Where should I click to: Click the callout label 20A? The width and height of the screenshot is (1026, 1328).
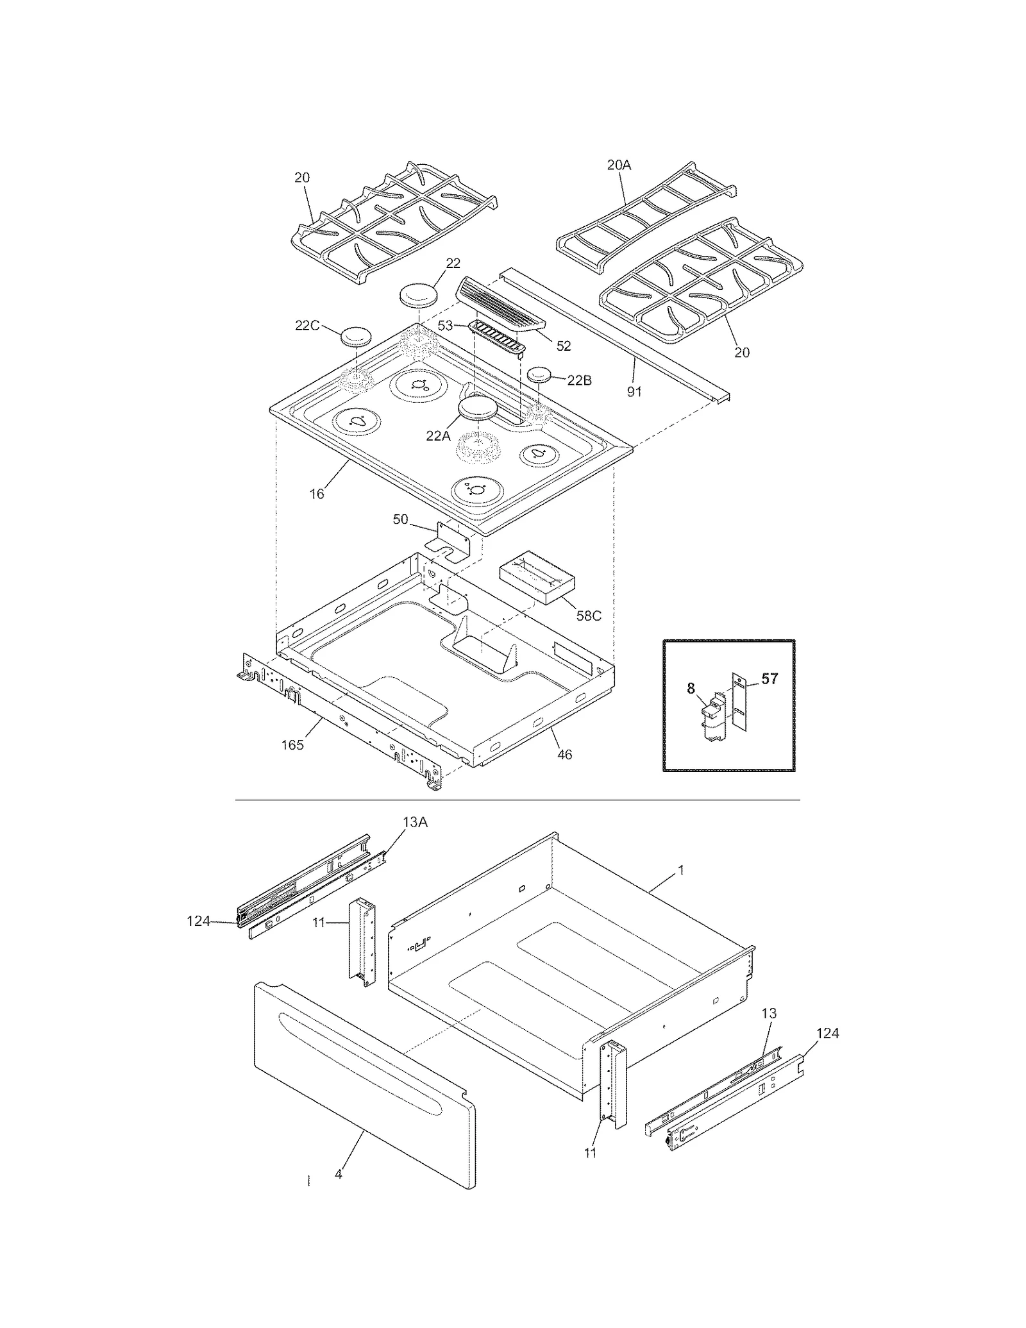point(619,165)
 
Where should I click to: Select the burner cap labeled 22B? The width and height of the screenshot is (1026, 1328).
point(539,374)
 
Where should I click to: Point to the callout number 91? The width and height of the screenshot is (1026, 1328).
point(634,391)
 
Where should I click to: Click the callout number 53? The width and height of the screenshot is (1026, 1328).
point(446,326)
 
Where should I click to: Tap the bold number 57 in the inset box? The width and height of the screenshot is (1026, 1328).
point(769,679)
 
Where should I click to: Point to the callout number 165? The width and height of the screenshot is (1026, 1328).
point(292,745)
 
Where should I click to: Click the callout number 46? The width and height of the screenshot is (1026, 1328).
point(564,755)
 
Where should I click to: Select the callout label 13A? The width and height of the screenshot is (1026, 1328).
point(415,823)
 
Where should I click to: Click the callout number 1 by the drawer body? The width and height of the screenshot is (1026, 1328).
point(681,870)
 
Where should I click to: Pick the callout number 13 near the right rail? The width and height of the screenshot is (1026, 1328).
point(769,1013)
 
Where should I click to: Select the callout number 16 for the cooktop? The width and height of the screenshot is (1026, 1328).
point(317,494)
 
